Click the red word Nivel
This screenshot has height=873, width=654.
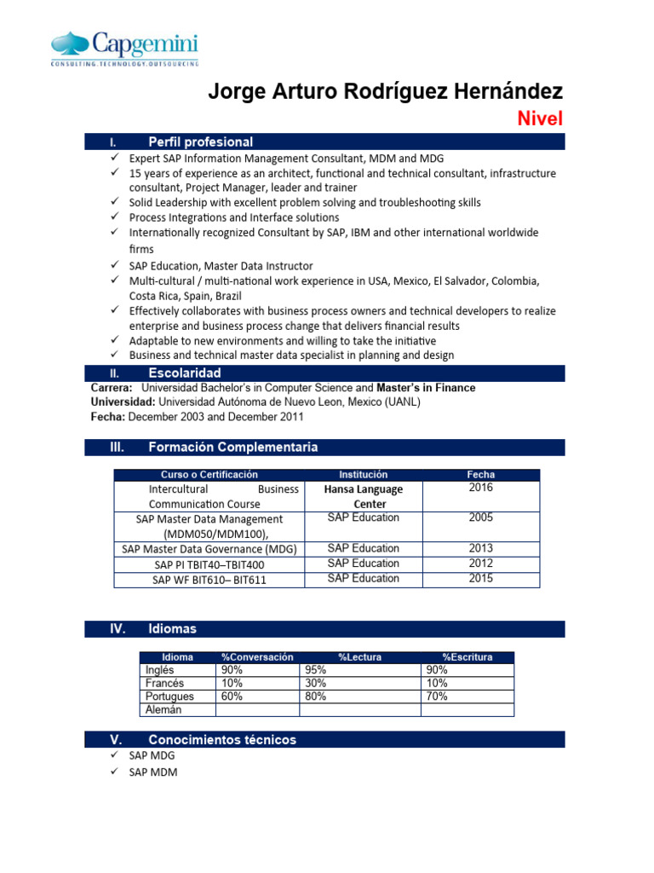click(x=541, y=119)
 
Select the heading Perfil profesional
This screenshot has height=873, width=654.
click(x=200, y=142)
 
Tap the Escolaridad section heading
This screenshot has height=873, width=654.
click(x=184, y=373)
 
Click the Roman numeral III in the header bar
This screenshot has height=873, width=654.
click(x=118, y=447)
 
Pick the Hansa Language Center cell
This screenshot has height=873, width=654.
click(x=364, y=496)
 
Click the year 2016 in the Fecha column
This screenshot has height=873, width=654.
click(x=480, y=488)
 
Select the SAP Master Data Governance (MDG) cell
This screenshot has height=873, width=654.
click(x=209, y=548)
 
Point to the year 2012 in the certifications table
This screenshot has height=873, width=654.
click(x=480, y=563)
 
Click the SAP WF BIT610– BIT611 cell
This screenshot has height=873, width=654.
click(x=209, y=579)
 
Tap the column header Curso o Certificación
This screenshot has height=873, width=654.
click(x=209, y=474)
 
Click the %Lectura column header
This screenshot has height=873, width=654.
click(x=359, y=656)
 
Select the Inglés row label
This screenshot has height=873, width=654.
click(x=159, y=670)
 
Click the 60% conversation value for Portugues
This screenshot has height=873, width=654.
click(x=232, y=697)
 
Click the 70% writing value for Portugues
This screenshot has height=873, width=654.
click(x=436, y=697)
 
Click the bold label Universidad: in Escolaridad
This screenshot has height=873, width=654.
click(x=123, y=402)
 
